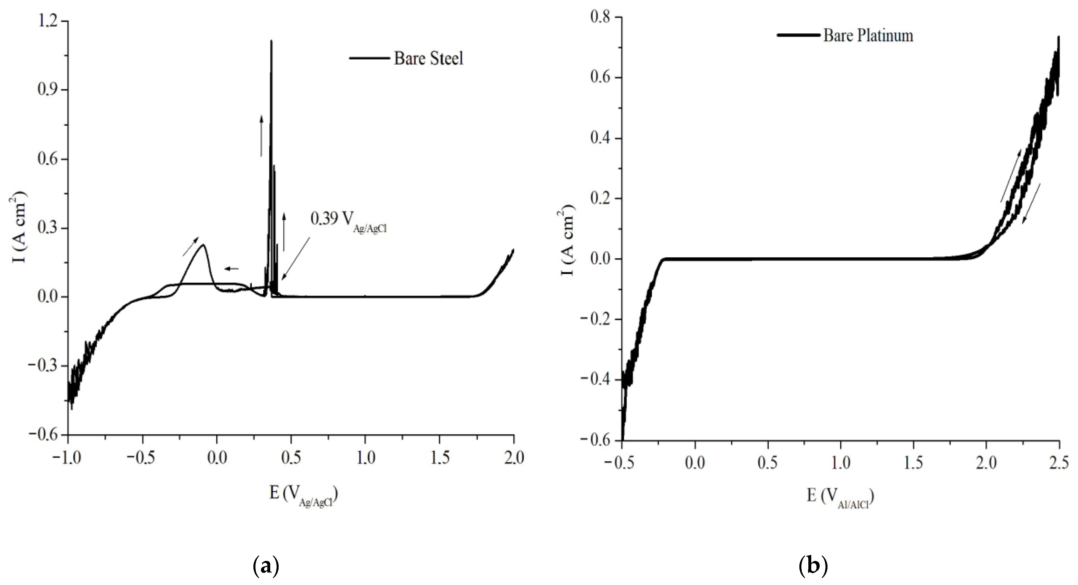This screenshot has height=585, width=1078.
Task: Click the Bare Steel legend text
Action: [428, 58]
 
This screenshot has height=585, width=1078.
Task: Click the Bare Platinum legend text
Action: [868, 36]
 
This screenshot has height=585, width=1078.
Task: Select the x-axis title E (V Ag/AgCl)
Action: [303, 495]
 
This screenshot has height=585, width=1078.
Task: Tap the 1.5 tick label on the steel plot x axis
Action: [439, 458]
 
